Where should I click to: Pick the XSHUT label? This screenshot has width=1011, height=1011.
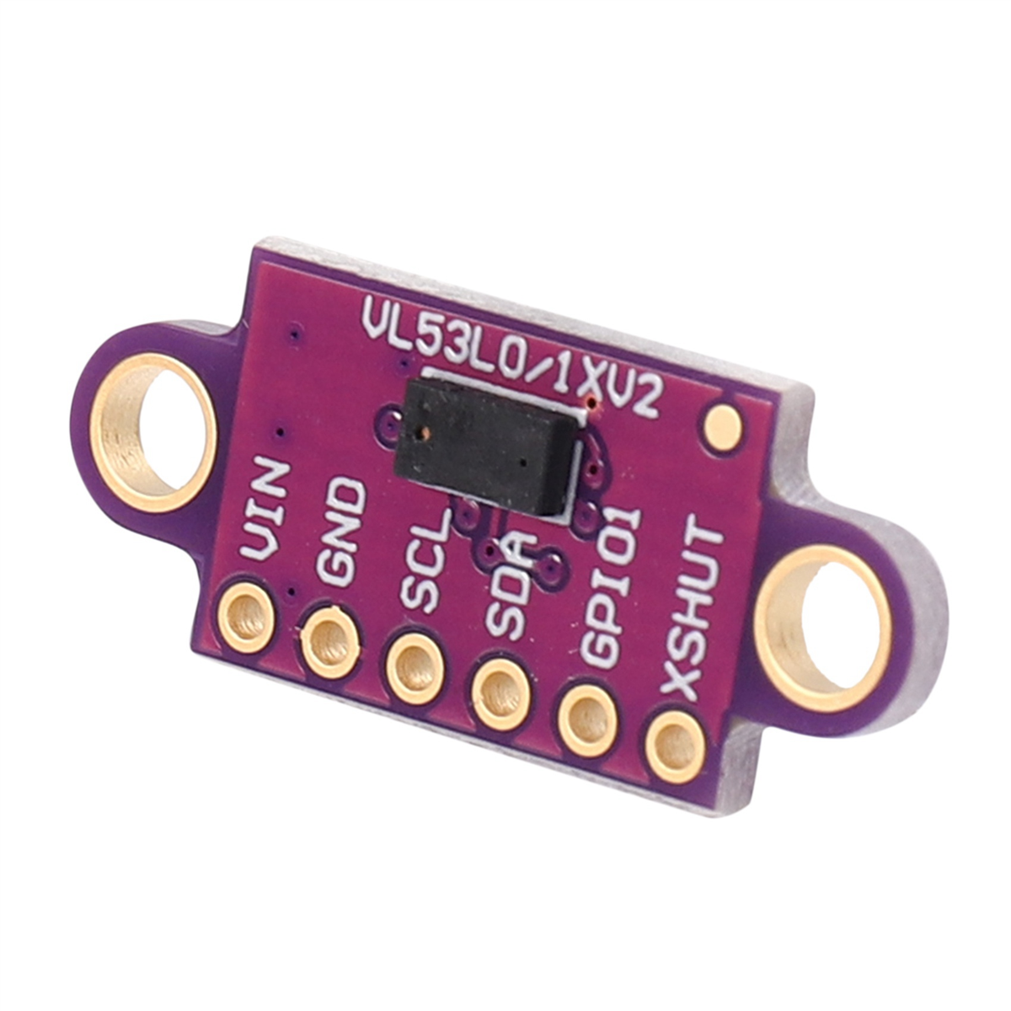point(693,613)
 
